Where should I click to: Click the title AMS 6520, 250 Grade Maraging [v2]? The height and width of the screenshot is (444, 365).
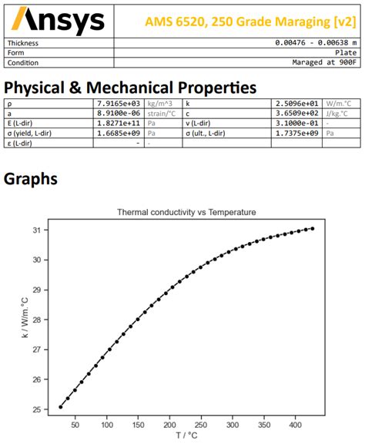click(251, 20)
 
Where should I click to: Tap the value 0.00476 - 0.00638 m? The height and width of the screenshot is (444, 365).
click(316, 42)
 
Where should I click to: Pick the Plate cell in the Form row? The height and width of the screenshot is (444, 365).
click(347, 52)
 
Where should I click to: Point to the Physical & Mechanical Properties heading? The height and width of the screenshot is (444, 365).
click(130, 87)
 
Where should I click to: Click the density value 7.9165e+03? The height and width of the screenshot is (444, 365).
click(119, 102)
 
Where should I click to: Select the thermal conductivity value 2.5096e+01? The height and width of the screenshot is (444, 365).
click(298, 102)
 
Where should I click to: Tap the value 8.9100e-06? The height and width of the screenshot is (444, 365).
click(119, 112)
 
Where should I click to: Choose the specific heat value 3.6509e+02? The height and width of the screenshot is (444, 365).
click(298, 112)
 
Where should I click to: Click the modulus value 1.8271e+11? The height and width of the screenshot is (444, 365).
click(119, 122)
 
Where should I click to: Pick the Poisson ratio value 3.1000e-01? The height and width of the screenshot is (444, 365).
click(298, 122)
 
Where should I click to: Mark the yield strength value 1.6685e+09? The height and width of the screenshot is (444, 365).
click(119, 132)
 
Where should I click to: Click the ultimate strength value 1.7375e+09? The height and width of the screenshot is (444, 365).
click(298, 132)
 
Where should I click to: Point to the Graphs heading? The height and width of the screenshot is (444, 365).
click(30, 179)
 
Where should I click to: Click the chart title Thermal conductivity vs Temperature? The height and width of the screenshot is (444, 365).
click(186, 211)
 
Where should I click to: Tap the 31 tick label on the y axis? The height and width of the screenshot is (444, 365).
click(35, 230)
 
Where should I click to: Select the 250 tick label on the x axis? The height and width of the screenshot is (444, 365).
click(201, 423)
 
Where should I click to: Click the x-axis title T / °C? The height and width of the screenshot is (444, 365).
click(186, 436)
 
